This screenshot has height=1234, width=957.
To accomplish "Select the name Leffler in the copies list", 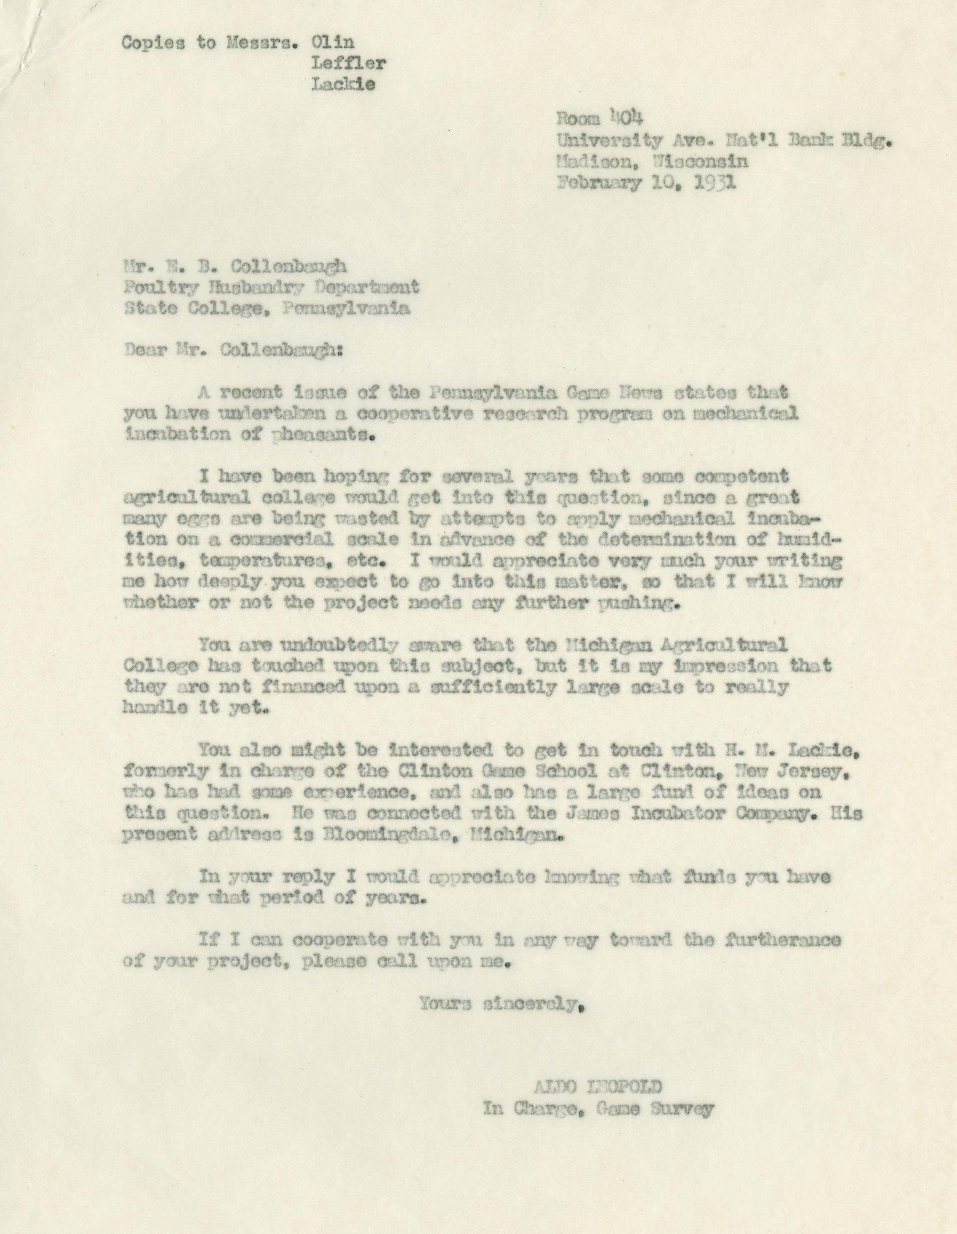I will coord(348,63).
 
